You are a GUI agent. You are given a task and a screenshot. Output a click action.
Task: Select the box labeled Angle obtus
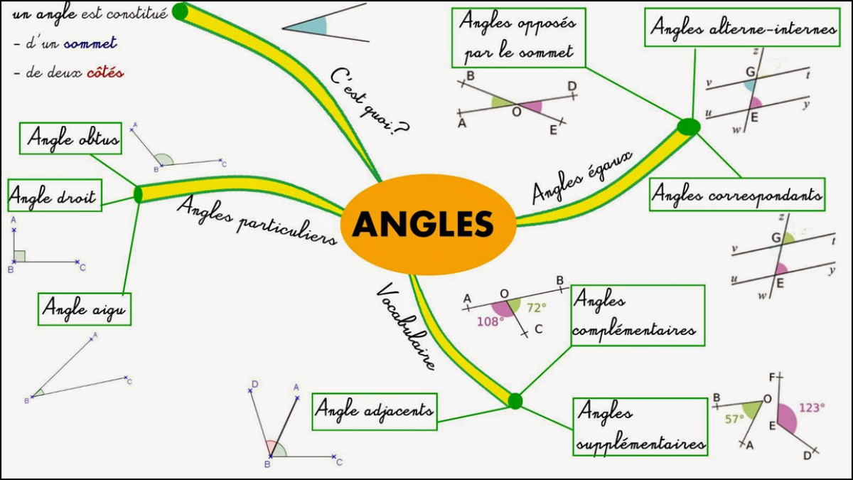coord(71,138)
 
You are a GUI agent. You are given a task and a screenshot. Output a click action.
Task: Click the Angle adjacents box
coord(374,411)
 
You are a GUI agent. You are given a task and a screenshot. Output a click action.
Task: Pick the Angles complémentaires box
coord(638,316)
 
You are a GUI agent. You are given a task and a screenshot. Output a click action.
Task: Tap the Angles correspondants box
coord(737,194)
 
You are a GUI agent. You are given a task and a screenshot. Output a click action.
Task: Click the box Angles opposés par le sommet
coord(517,38)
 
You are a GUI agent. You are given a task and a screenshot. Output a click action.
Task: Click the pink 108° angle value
coord(490,321)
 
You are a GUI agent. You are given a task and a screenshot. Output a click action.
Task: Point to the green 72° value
coord(537,308)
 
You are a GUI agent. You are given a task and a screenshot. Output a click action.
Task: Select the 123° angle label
coord(812,408)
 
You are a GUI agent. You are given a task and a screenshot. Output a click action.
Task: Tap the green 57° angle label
coord(734,419)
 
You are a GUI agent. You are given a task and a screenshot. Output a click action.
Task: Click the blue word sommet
coord(90,43)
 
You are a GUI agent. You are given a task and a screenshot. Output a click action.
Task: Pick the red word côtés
coord(104,73)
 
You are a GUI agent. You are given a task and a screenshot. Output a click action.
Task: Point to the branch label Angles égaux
coord(582,177)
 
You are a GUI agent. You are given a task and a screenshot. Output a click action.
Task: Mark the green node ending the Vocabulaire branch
coord(515,401)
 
